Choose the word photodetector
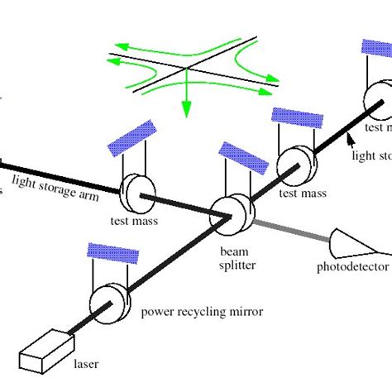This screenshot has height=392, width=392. (352, 268)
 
